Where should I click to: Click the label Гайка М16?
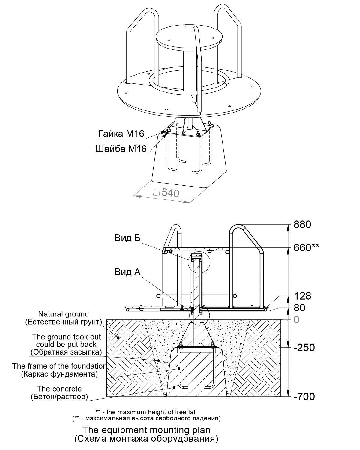point(121,133)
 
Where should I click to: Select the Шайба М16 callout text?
point(121,149)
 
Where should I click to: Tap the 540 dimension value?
point(170,193)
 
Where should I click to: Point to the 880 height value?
point(302,225)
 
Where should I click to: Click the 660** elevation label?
point(306,248)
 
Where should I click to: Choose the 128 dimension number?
point(302,296)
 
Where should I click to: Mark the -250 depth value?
point(304,347)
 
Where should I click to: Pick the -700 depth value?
point(304,396)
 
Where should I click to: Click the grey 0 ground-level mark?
point(296,320)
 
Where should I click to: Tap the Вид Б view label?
point(127,238)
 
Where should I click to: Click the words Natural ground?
point(64,314)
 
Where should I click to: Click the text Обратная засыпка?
point(66,352)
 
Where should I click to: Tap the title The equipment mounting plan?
point(146,430)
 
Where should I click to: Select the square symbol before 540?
point(157,193)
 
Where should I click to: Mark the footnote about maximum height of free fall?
point(146,412)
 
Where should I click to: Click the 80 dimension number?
point(299,308)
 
